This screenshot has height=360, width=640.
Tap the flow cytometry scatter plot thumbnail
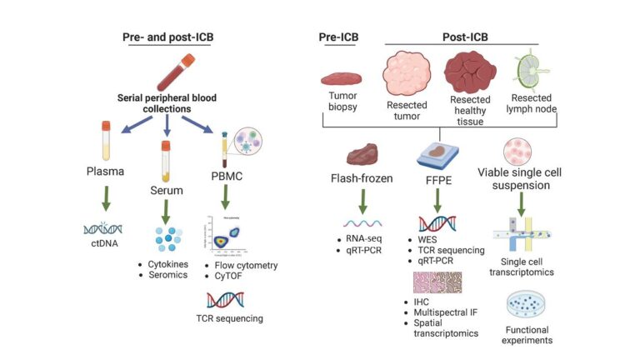click(x=225, y=234)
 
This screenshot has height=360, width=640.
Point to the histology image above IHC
click(x=437, y=283)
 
